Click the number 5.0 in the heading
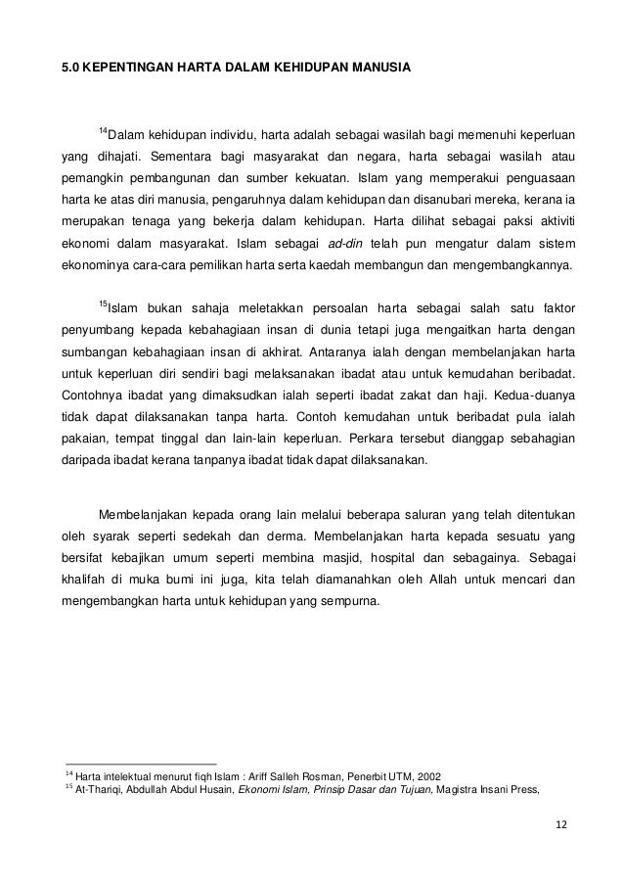[71, 68]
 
